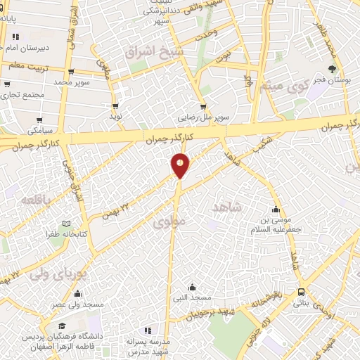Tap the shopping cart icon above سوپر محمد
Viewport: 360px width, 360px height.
(71, 72)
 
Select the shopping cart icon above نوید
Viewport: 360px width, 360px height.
(115, 105)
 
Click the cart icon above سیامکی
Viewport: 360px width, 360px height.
(39, 120)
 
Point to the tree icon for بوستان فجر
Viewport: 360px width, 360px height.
(332, 69)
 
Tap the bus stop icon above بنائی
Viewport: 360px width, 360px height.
(301, 291)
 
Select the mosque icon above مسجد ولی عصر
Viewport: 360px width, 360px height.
(77, 293)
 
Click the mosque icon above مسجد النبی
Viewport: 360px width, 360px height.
(193, 286)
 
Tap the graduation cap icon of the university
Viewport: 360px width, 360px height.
(62, 326)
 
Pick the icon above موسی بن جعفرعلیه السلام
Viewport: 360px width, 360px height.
(276, 210)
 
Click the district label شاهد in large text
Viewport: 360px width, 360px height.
(226, 206)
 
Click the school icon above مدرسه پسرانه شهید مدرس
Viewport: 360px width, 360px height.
(147, 330)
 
